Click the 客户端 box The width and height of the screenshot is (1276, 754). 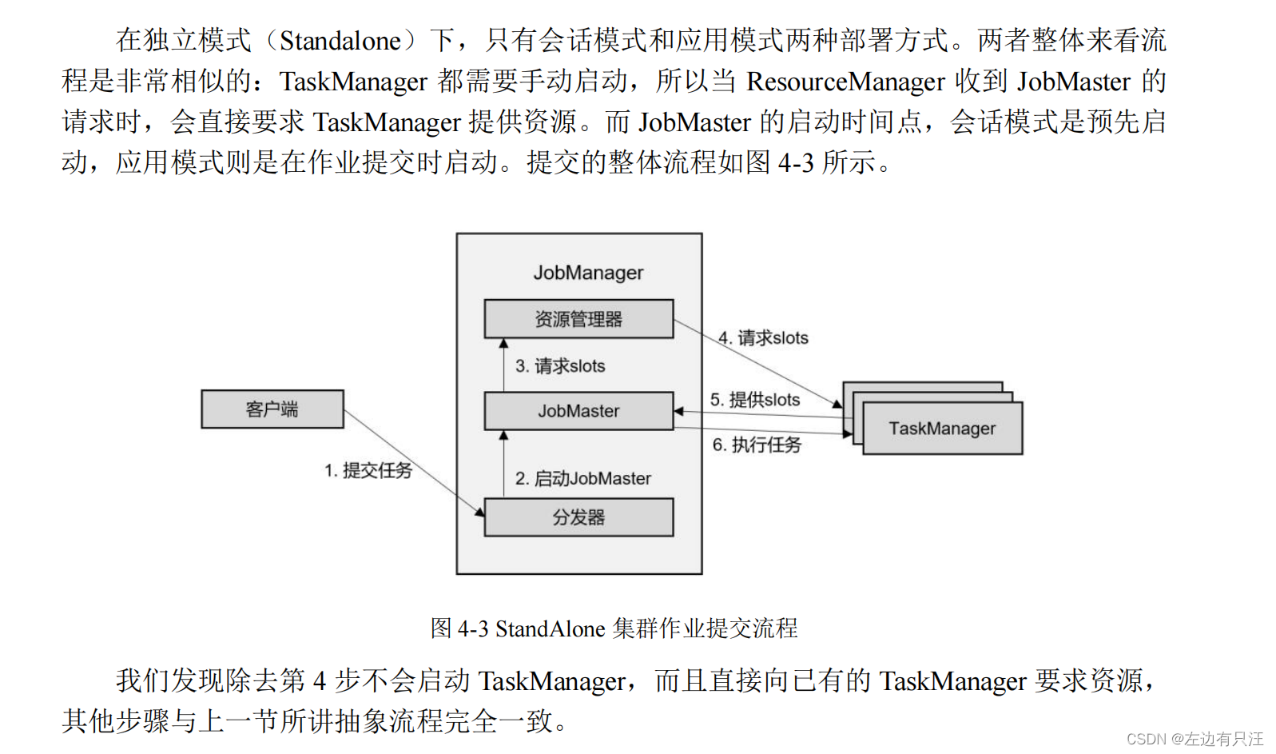[x=272, y=409]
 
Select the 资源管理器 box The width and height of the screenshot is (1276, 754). [x=578, y=319]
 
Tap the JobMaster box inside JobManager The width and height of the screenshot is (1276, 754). [x=578, y=411]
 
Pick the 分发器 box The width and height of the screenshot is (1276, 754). [x=578, y=517]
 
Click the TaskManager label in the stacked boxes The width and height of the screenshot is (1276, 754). [x=942, y=429]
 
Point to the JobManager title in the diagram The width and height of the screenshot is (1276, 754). [x=588, y=273]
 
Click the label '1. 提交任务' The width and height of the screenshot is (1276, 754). [x=368, y=470]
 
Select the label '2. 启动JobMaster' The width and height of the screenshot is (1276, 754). [x=582, y=478]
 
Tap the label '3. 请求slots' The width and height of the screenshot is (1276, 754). [x=559, y=366]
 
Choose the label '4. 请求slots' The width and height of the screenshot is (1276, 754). [x=763, y=338]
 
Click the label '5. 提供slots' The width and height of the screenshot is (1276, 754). [x=754, y=400]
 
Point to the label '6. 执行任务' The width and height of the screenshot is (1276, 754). [x=756, y=445]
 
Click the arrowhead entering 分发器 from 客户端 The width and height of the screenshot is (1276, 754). [x=480, y=511]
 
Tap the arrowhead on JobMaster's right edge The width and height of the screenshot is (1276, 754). [x=679, y=412]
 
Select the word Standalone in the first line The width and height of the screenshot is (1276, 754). [x=340, y=40]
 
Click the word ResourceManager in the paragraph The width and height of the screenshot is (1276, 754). [x=845, y=82]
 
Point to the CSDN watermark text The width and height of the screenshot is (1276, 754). [x=1195, y=739]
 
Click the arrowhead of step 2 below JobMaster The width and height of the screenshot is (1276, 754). [x=503, y=436]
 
